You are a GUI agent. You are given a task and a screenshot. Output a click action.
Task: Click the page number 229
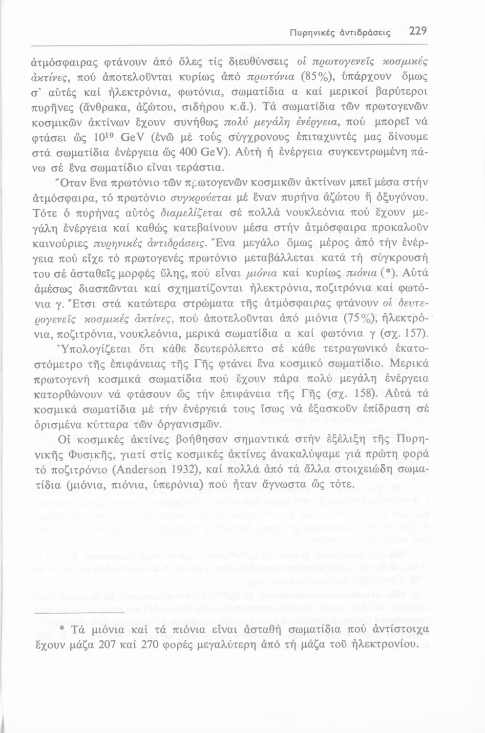418,32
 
